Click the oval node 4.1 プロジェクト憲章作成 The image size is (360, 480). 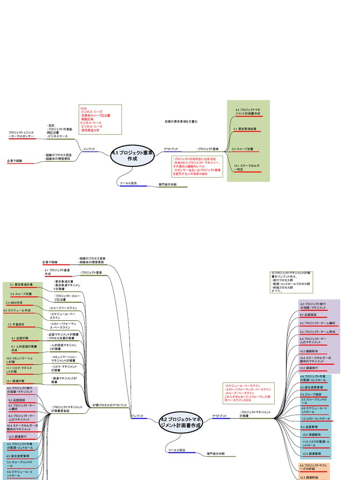[x=132, y=156]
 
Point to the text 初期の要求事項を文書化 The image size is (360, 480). [x=181, y=121]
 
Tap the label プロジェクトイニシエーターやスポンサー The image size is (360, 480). [x=21, y=135]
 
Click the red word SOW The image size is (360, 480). [x=84, y=108]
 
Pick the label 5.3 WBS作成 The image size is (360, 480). [x=15, y=303]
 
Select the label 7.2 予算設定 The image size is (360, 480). [x=16, y=324]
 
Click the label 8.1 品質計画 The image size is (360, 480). [x=20, y=338]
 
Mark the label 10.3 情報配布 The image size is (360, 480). [x=309, y=351]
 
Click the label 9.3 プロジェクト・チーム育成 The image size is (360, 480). [x=317, y=331]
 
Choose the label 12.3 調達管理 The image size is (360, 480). [x=311, y=453]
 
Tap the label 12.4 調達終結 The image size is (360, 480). [x=309, y=477]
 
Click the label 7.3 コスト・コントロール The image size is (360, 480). [x=315, y=419]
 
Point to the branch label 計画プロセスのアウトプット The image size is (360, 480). [x=110, y=405]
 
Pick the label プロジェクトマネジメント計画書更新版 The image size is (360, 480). [x=67, y=409]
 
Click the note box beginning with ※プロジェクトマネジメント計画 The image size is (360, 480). [x=291, y=281]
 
